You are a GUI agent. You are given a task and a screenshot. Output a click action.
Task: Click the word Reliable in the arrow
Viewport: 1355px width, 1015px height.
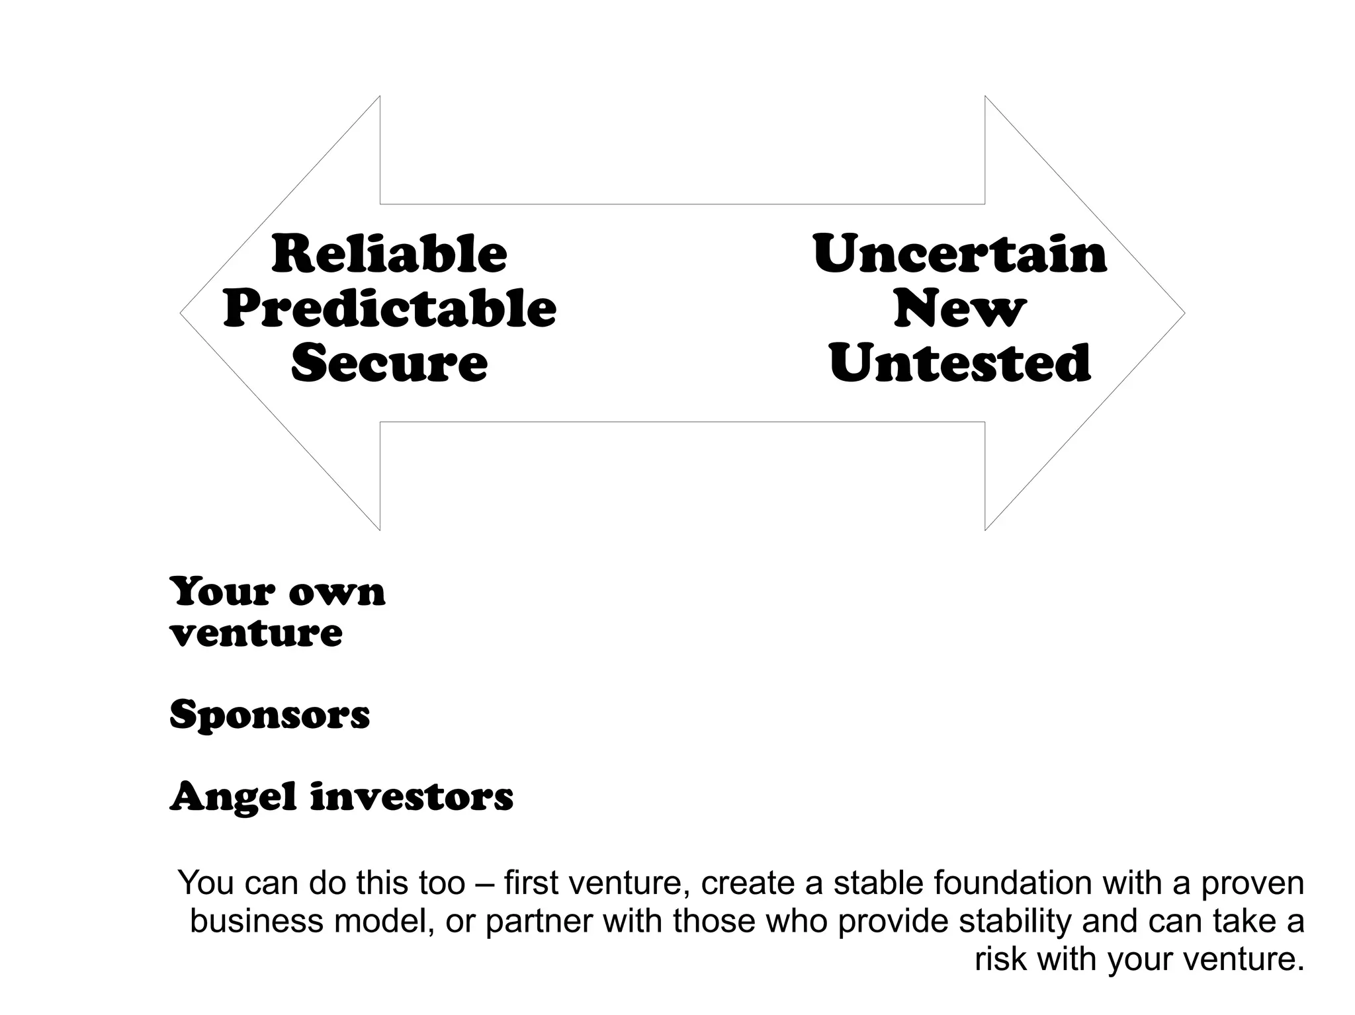(x=389, y=255)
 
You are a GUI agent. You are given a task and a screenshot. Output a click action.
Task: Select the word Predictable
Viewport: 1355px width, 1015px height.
(x=390, y=309)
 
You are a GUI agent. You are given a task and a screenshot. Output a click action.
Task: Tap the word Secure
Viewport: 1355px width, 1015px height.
(x=389, y=364)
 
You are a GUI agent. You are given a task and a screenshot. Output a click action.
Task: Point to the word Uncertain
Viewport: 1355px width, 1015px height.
(x=959, y=255)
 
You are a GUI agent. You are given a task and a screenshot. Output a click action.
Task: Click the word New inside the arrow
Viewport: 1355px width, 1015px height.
(x=959, y=309)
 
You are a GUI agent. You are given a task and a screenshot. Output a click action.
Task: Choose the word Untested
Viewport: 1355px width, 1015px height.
(x=959, y=364)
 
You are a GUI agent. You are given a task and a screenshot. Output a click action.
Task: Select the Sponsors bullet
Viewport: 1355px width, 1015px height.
(x=269, y=715)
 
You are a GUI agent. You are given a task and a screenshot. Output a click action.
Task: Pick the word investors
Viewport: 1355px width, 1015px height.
(x=412, y=796)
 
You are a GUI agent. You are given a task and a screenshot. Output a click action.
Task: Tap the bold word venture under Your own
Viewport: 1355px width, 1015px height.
(x=256, y=633)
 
